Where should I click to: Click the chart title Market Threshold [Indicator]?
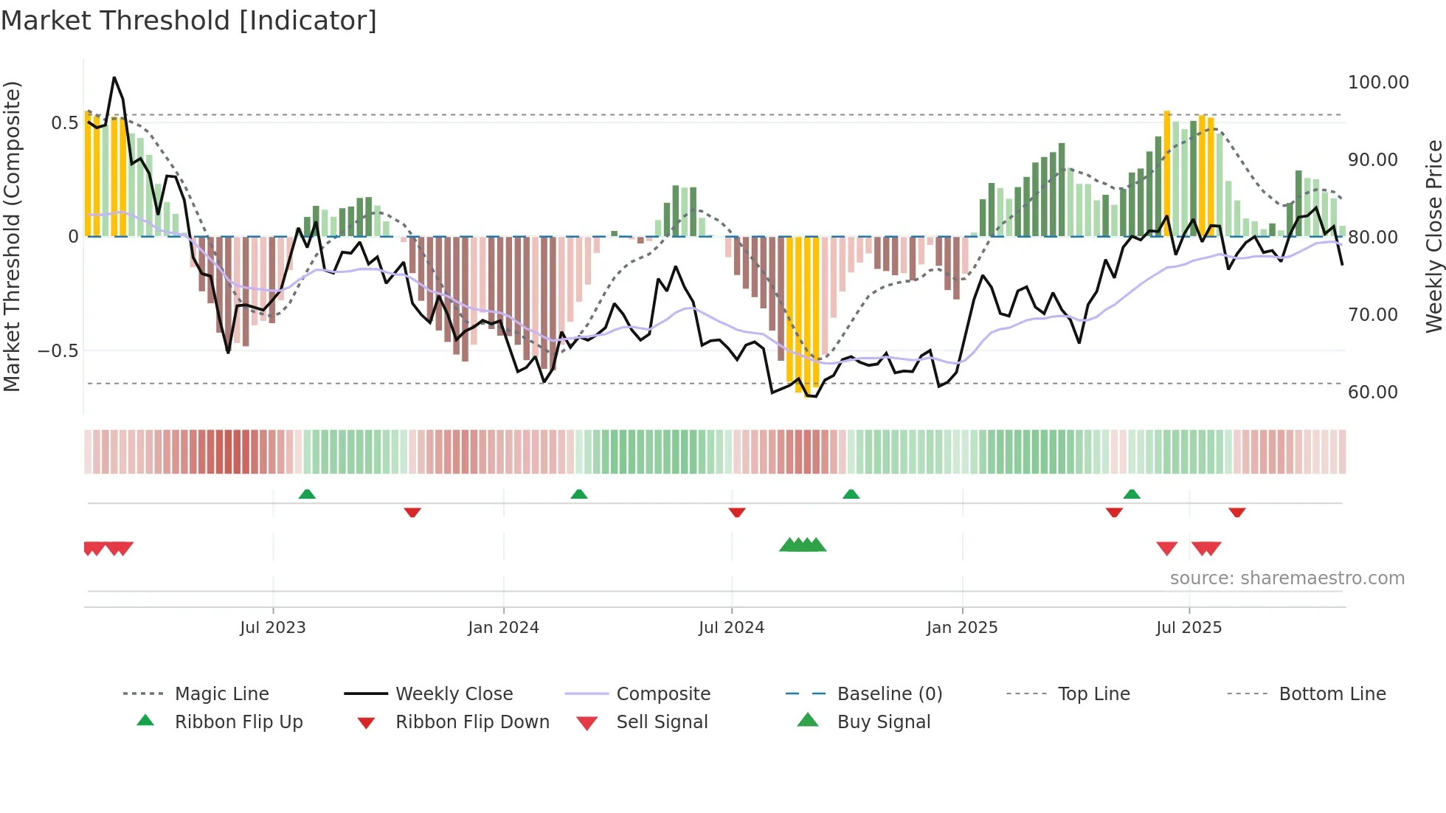click(189, 21)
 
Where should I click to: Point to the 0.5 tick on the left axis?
click(64, 122)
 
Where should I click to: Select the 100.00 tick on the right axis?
click(1377, 83)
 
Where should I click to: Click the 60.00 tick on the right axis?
click(1372, 392)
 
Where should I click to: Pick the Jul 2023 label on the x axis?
click(272, 627)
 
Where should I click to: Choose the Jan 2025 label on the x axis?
click(961, 627)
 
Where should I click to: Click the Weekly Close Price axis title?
click(1433, 236)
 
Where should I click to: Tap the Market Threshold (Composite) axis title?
click(12, 236)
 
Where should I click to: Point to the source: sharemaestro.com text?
click(1287, 578)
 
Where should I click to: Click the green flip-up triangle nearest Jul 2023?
click(307, 494)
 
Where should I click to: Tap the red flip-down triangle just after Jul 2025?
click(1236, 512)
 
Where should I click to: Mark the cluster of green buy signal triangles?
click(803, 545)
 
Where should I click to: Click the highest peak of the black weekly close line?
click(114, 77)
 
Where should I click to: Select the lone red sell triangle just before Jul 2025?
click(1166, 548)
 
